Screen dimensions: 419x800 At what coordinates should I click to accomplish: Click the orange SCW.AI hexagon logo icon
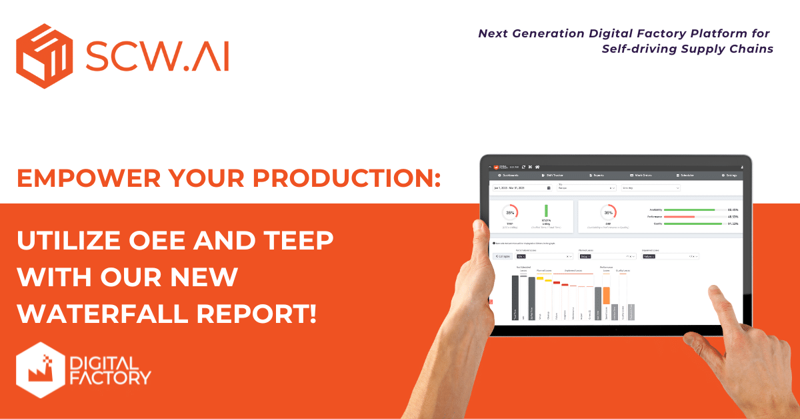click(x=45, y=56)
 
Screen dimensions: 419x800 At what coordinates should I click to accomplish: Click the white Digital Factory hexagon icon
click(x=39, y=371)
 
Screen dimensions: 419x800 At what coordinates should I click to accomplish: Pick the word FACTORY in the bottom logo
click(x=110, y=379)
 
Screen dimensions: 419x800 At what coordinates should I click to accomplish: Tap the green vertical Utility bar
click(x=546, y=212)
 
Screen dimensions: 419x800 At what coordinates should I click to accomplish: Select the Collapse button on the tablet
click(x=503, y=256)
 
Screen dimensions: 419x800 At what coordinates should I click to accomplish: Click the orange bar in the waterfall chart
click(x=607, y=295)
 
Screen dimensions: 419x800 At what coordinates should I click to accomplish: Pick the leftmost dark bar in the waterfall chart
click(x=515, y=298)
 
